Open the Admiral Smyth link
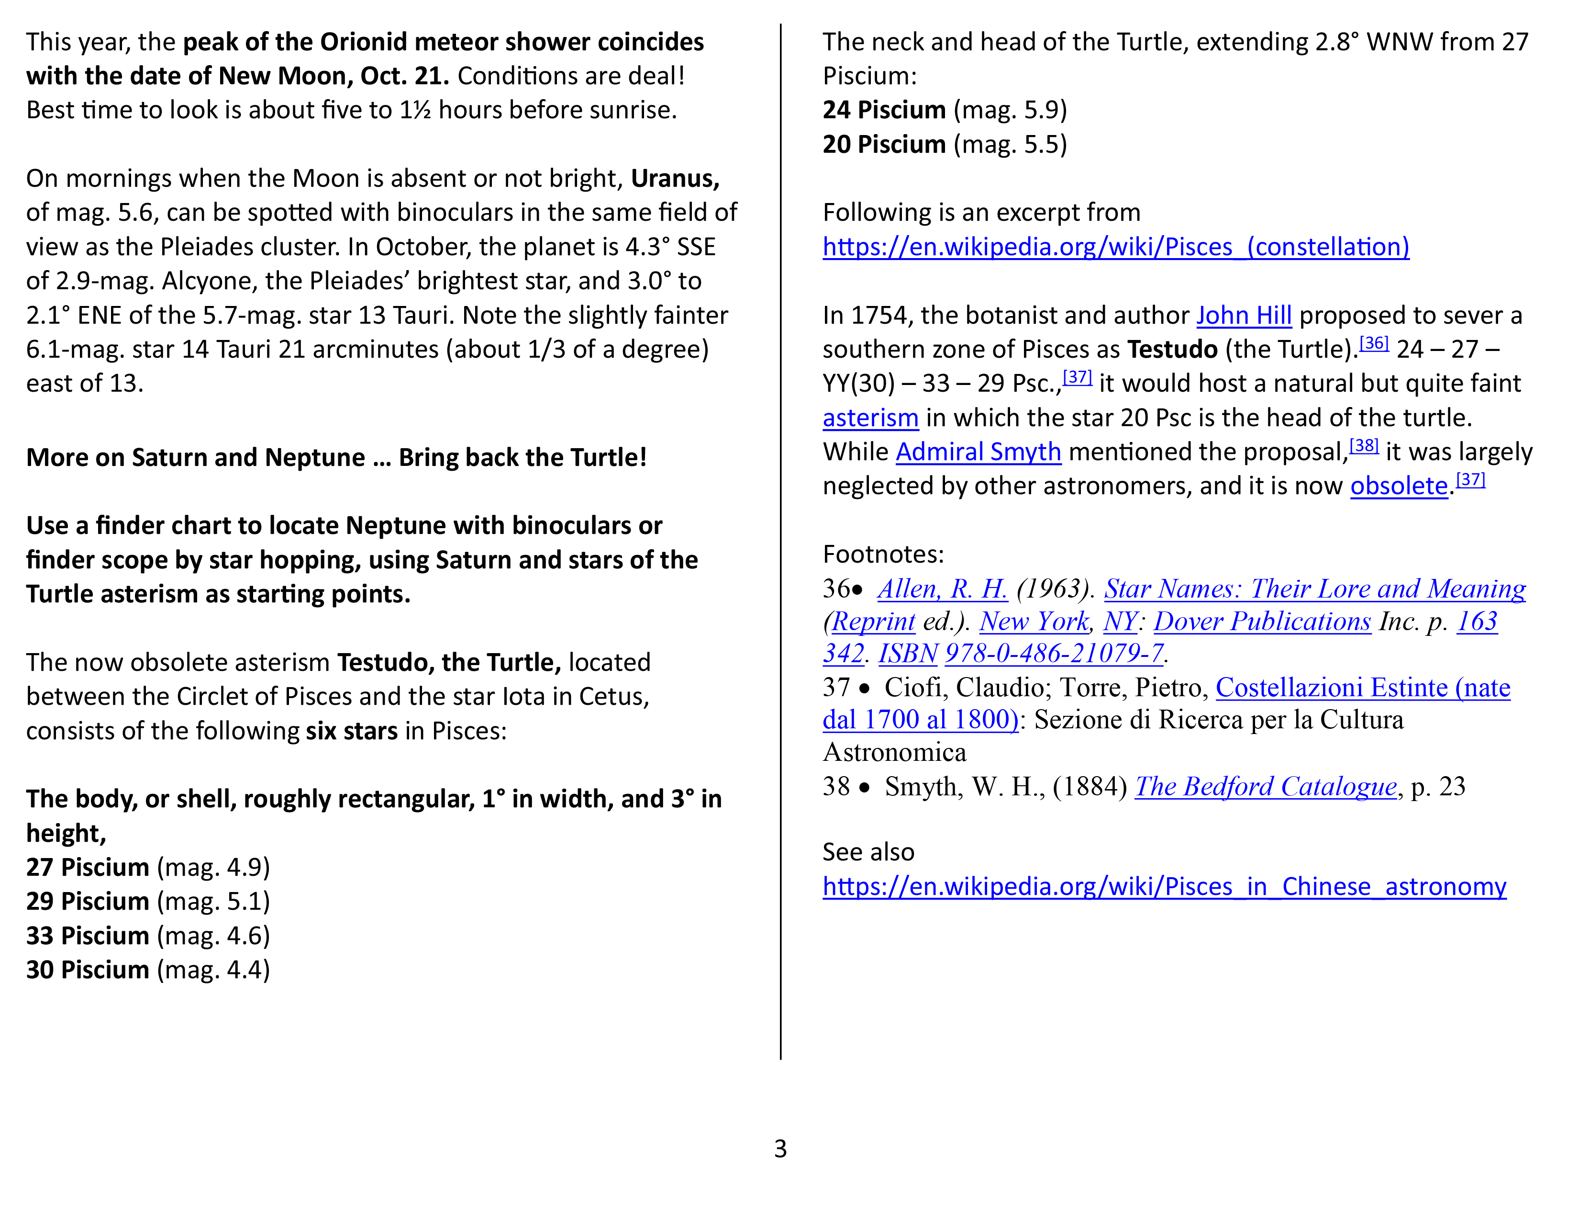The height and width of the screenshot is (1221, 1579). [978, 452]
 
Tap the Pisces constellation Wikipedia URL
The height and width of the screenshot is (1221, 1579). [1115, 248]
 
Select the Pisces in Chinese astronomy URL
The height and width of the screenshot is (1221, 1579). [1164, 887]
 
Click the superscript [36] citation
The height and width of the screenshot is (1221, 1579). [1374, 343]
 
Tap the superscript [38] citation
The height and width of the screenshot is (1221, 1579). [1364, 446]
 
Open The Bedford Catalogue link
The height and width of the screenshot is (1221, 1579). [1265, 787]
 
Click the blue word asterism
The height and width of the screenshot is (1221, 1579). [870, 418]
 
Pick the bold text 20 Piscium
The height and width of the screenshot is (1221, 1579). [883, 145]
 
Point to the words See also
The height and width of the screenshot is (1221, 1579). [868, 852]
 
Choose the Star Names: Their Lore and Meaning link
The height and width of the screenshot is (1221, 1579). [1314, 589]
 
